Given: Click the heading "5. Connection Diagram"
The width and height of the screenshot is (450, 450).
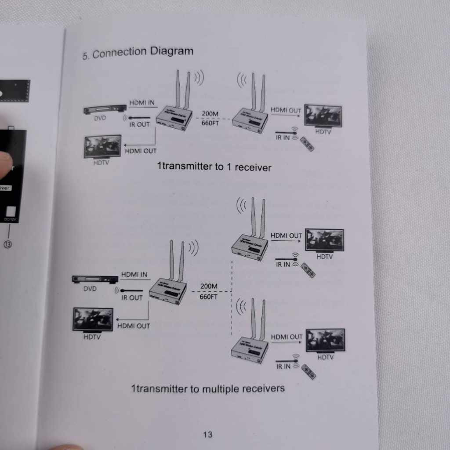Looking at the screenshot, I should (138, 52).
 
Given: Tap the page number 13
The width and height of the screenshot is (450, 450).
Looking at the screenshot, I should (208, 435).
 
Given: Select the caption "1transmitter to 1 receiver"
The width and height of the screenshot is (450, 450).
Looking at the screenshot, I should (214, 167).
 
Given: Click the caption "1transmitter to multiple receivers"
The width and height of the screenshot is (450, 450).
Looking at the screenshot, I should (207, 388).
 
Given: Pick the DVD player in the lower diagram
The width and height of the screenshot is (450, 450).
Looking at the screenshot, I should (95, 279).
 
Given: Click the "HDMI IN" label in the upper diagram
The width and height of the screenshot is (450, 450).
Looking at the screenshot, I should (142, 103).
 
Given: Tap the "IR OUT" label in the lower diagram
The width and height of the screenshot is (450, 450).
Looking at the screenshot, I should (132, 298).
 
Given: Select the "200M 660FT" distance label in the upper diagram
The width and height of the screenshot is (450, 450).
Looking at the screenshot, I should (210, 118).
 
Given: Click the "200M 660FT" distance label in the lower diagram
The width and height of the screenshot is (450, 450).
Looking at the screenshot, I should (209, 291).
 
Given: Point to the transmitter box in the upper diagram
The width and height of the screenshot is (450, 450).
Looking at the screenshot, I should (174, 117).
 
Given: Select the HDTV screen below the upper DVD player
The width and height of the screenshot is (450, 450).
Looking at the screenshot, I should (102, 147).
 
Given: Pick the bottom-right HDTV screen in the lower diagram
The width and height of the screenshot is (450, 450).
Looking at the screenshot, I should (325, 340).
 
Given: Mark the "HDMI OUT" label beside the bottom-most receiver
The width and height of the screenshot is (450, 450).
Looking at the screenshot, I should (287, 337).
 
